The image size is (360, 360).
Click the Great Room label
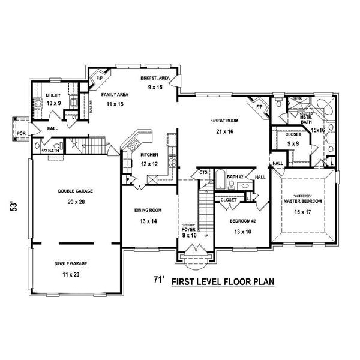coord(221,120)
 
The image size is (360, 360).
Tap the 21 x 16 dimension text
coord(221,131)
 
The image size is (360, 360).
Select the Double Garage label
coord(71,191)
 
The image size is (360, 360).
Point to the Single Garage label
coord(71,263)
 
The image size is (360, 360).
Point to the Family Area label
coord(113,95)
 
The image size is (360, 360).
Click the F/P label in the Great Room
coord(259,107)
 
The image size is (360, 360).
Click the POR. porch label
coord(21,133)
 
